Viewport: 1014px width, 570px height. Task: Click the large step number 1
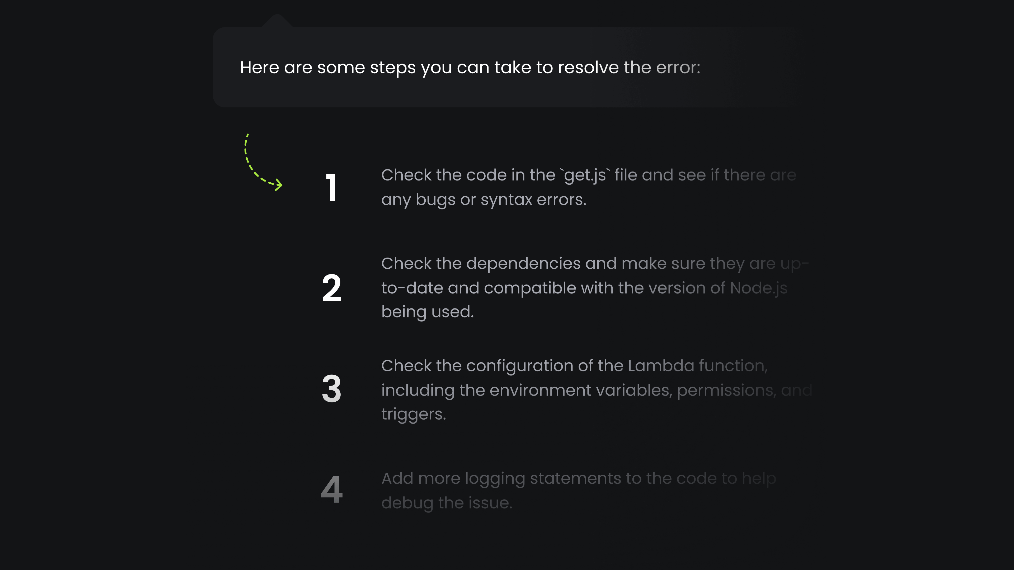331,188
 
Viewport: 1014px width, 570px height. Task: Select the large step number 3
331,389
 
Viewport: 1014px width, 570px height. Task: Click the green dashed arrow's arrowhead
279,185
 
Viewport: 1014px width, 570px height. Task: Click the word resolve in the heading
588,68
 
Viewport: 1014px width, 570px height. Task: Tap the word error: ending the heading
678,68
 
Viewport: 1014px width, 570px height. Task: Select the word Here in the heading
259,68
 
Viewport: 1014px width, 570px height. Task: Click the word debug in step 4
407,503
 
